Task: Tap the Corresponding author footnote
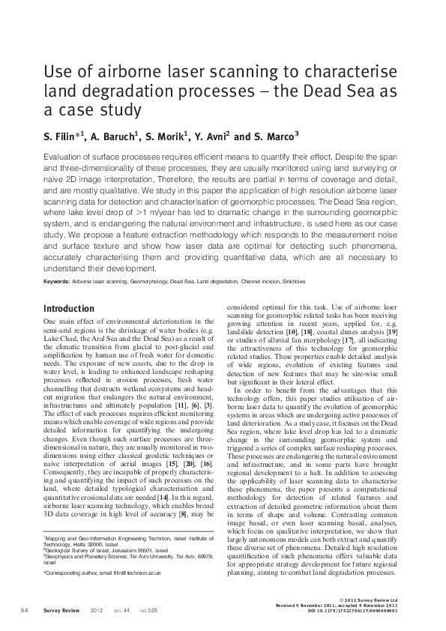(x=112, y=573)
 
